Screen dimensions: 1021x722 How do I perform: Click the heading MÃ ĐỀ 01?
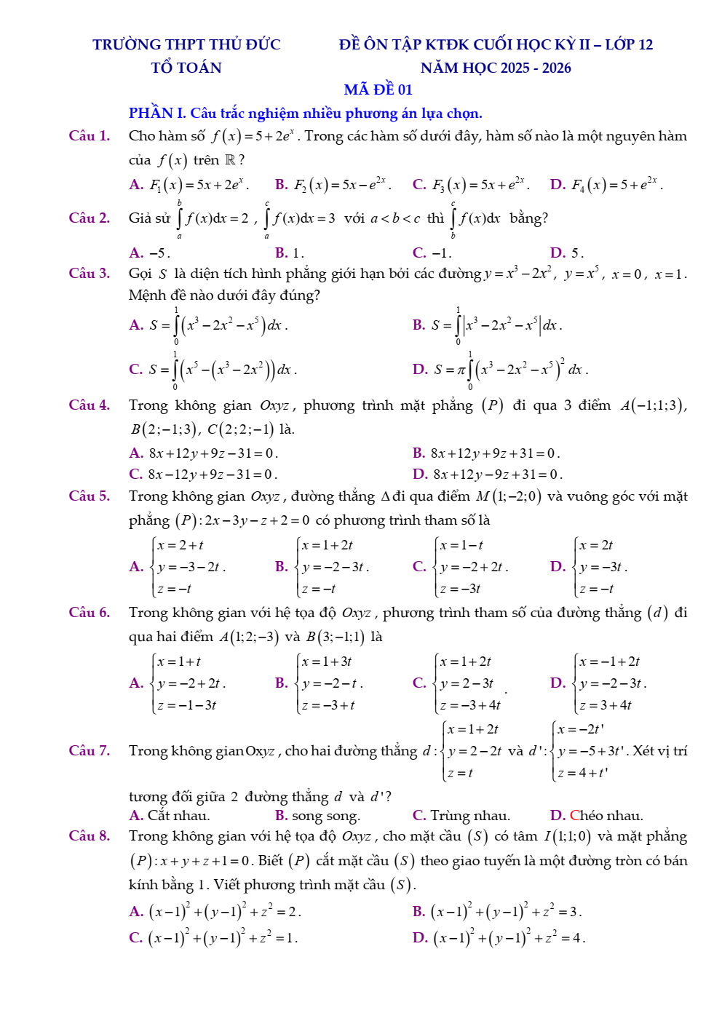(x=378, y=90)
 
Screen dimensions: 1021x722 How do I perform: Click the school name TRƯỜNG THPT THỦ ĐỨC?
(x=186, y=44)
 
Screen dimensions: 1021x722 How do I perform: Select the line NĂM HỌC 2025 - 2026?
(x=496, y=68)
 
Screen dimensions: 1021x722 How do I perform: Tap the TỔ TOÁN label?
(x=186, y=68)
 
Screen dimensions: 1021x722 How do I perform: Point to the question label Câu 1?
(x=89, y=135)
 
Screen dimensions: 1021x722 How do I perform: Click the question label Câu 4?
(x=89, y=405)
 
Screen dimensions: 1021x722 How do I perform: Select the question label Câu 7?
(x=89, y=750)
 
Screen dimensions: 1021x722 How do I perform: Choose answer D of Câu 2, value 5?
(x=567, y=253)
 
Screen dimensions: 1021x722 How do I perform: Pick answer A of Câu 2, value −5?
(x=150, y=253)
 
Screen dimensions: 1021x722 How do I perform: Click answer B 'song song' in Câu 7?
(x=317, y=815)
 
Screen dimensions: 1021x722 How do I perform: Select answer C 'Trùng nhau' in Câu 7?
(x=461, y=815)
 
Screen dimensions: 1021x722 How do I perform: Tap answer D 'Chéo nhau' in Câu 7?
(x=597, y=815)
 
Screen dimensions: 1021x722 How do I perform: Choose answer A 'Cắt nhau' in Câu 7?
(x=170, y=815)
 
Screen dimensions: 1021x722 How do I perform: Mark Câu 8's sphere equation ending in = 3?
(x=505, y=911)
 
